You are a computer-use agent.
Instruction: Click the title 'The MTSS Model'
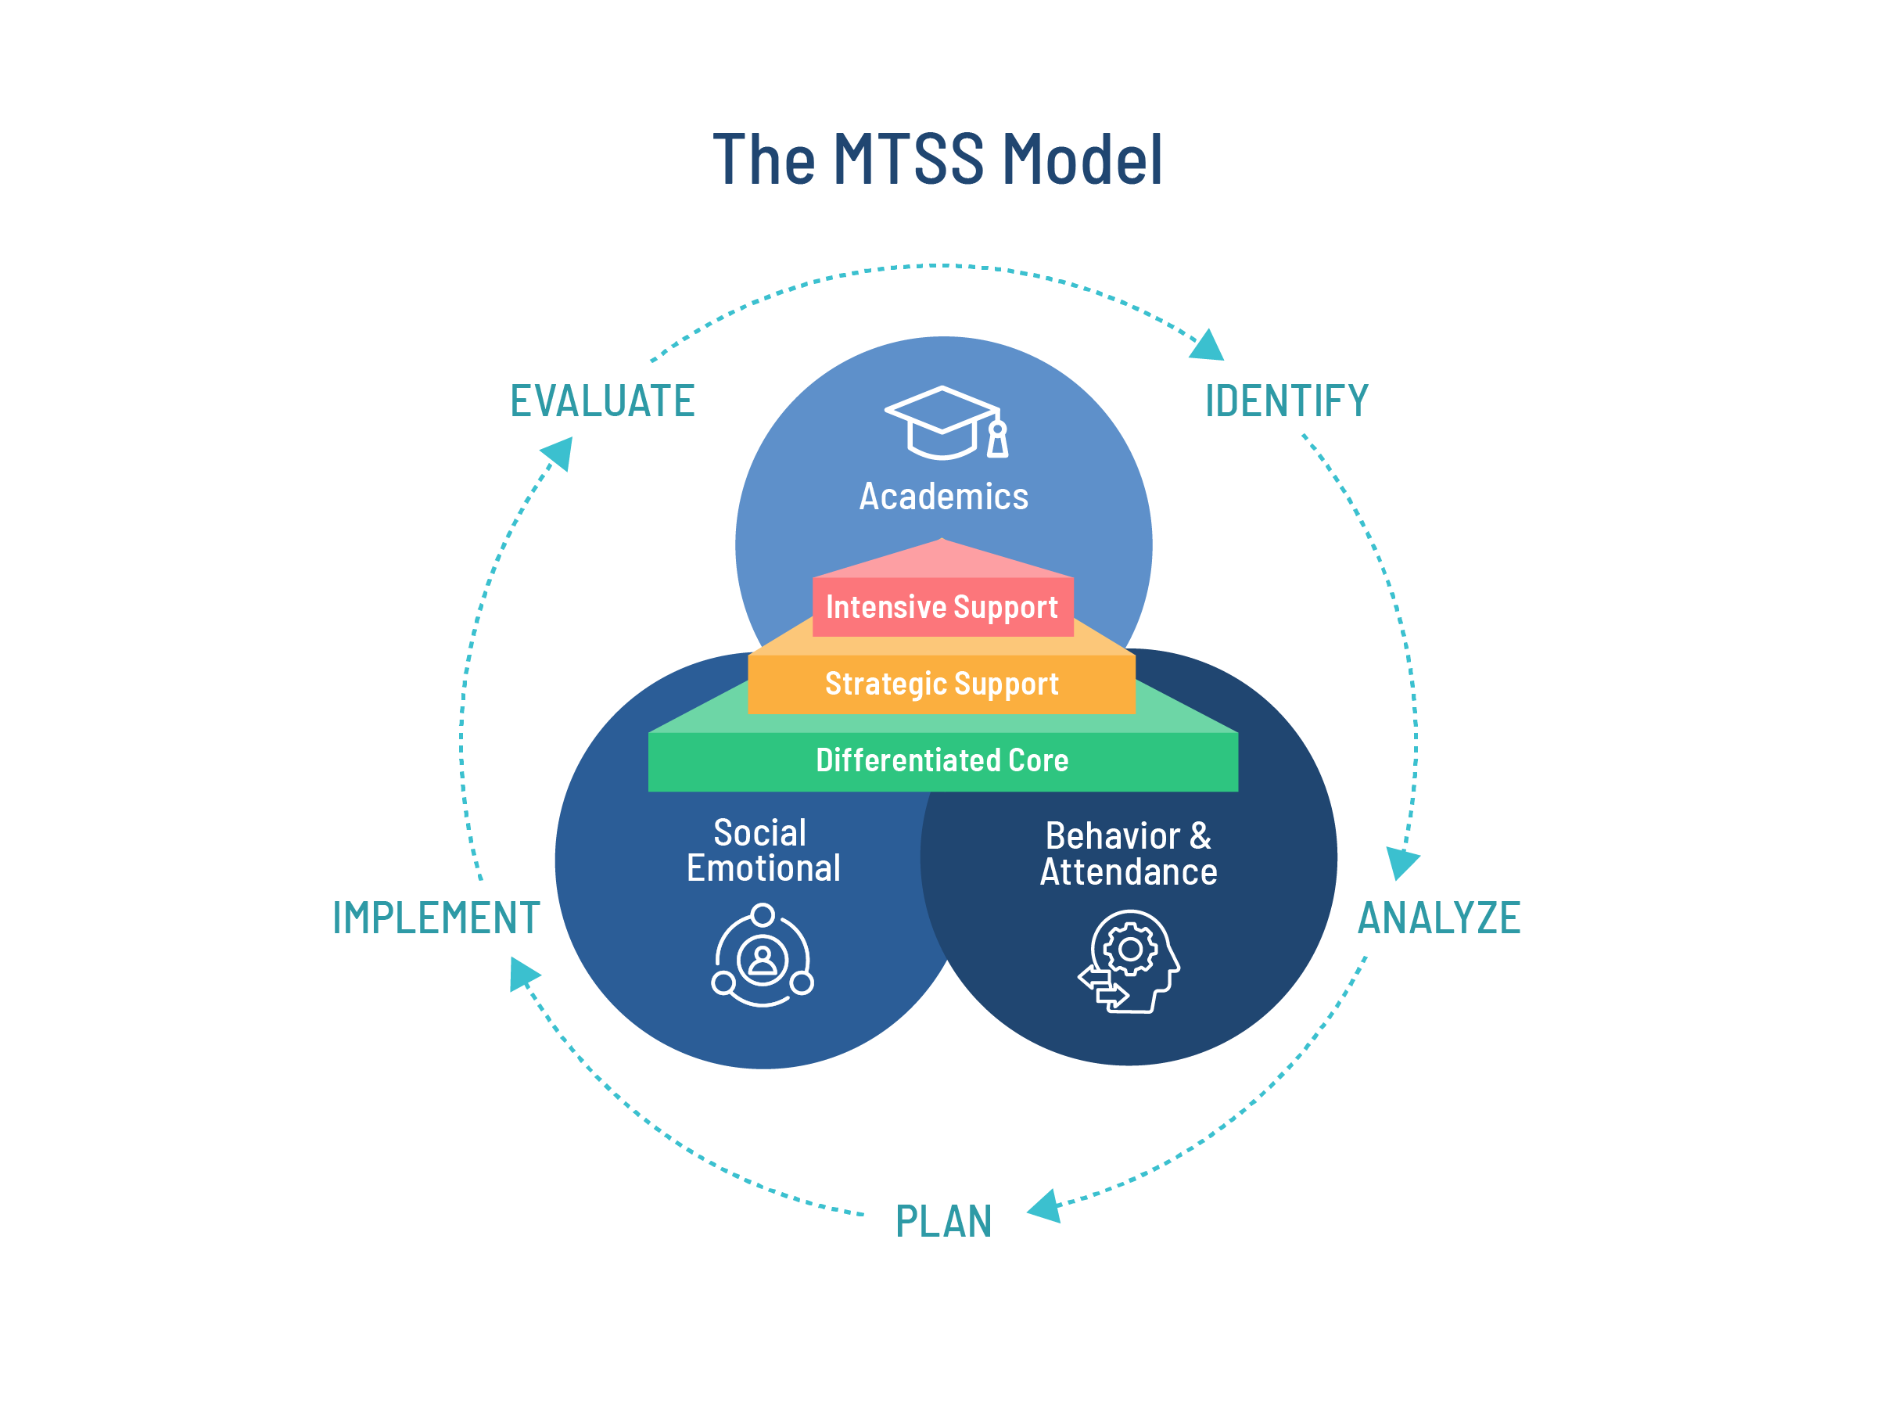click(x=938, y=160)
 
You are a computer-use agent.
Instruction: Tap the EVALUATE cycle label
click(x=602, y=401)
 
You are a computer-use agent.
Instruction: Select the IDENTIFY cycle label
click(x=1287, y=401)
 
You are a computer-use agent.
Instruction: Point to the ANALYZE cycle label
click(x=1439, y=918)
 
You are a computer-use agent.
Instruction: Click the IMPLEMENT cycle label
click(x=436, y=918)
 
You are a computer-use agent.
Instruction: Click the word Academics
click(x=944, y=497)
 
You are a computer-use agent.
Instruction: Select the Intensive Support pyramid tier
click(x=942, y=608)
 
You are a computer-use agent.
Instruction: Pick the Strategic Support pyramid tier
click(x=942, y=684)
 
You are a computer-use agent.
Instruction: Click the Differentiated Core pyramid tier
click(x=942, y=760)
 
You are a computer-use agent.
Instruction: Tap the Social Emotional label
click(x=763, y=850)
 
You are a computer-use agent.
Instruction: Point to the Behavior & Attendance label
click(x=1129, y=854)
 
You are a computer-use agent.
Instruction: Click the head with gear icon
click(x=1130, y=961)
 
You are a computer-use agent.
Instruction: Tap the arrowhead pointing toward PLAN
click(x=1045, y=1207)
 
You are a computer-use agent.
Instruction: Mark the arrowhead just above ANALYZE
click(x=1401, y=862)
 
